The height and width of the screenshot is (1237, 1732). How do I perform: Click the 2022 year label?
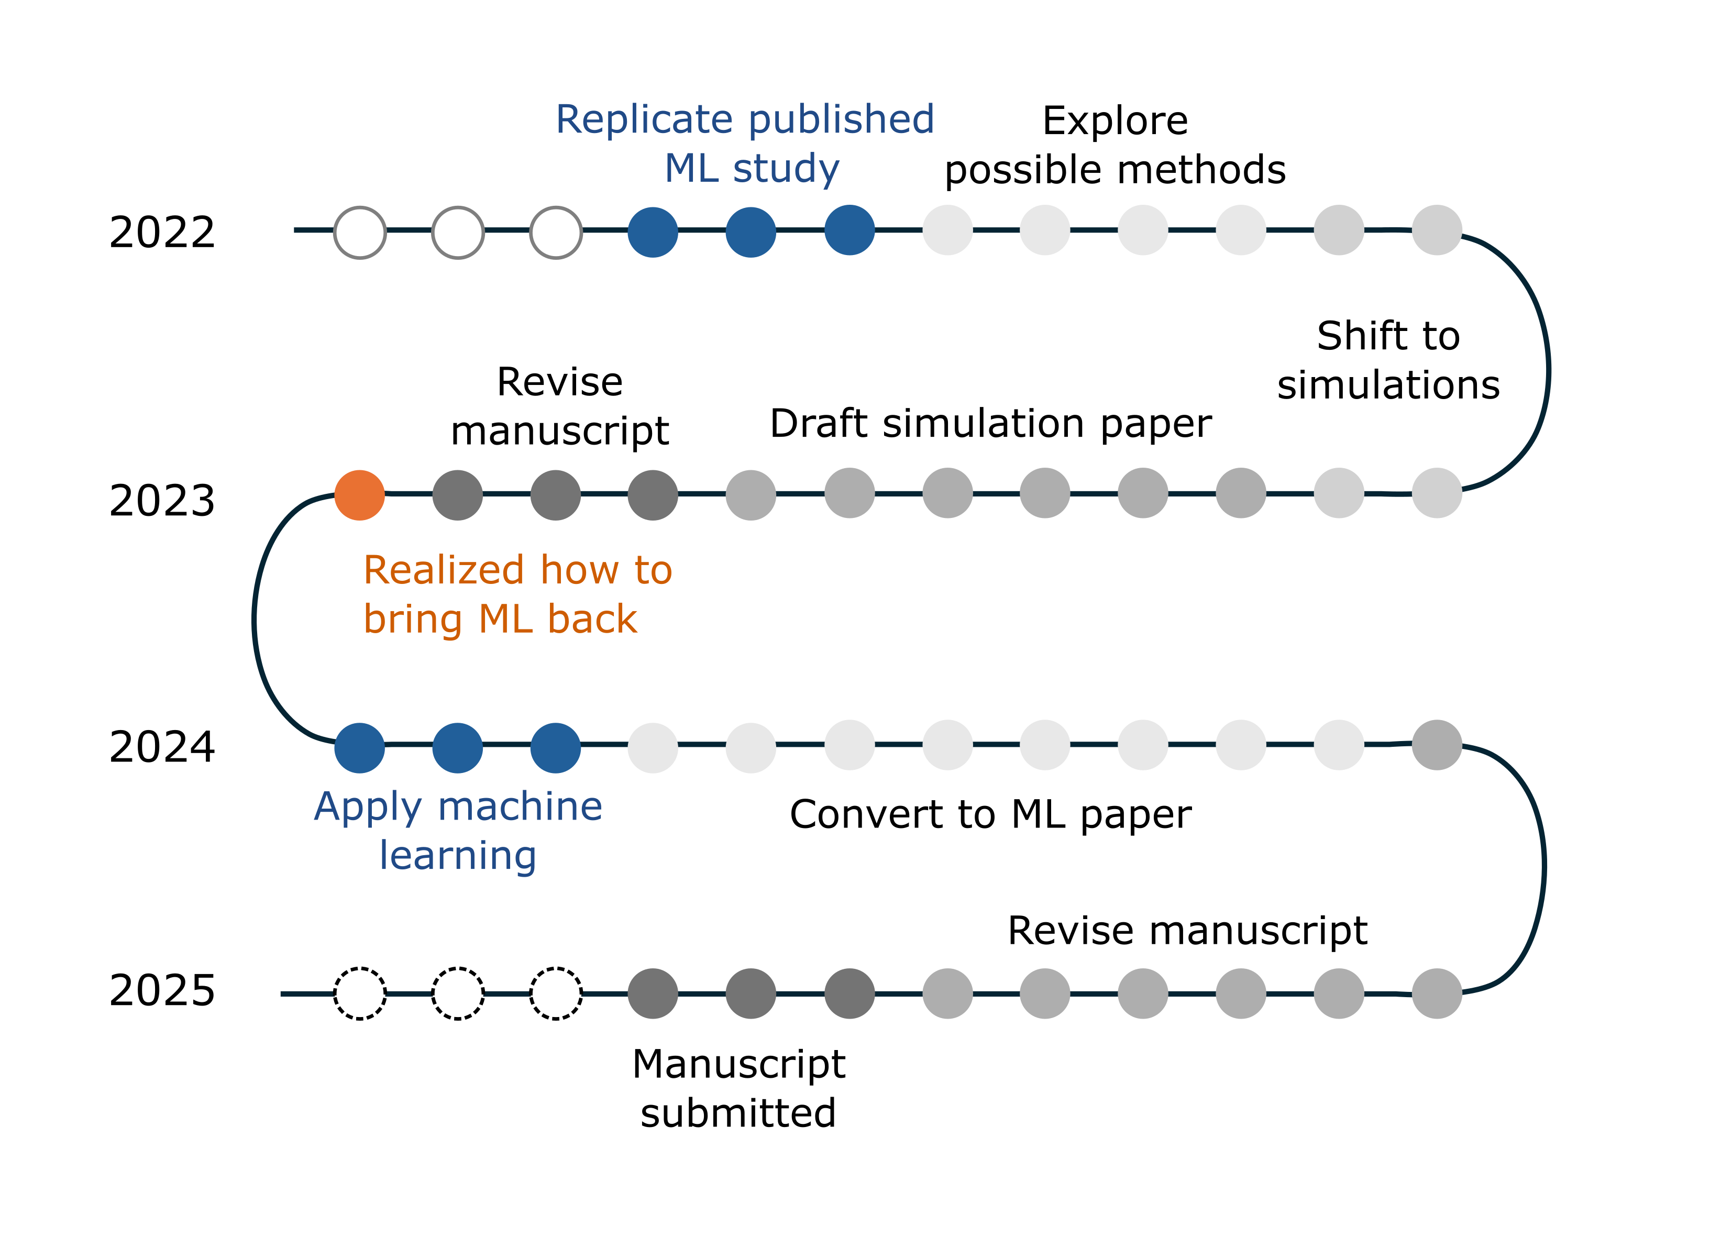(x=162, y=233)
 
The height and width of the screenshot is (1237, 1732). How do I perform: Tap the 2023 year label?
(x=162, y=501)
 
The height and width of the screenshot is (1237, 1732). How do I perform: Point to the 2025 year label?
(x=162, y=990)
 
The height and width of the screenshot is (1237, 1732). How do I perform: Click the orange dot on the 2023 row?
(x=359, y=495)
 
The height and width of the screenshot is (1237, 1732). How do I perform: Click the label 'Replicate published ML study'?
(x=745, y=144)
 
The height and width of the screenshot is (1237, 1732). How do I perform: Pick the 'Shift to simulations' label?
(x=1388, y=360)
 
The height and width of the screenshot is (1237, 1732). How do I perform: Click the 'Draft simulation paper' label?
(x=990, y=424)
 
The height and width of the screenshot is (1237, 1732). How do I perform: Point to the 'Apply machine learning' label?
(x=458, y=831)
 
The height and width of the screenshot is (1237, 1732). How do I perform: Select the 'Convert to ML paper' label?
(x=990, y=815)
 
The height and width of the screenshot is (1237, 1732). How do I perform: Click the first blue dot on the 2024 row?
(x=359, y=748)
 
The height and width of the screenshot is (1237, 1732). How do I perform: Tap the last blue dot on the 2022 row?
(x=850, y=230)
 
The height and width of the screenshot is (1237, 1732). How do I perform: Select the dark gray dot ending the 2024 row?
(x=1437, y=745)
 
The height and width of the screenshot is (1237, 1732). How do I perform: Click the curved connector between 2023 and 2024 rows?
(x=255, y=619)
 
